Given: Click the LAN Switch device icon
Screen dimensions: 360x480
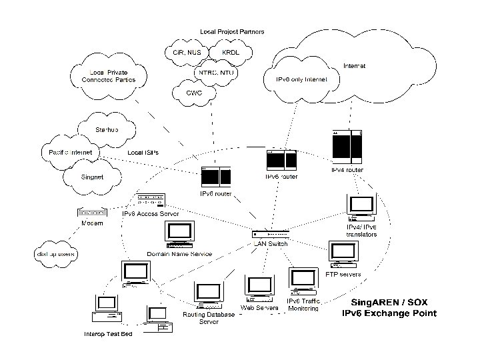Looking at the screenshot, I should pyautogui.click(x=271, y=234).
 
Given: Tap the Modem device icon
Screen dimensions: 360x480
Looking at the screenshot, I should pyautogui.click(x=92, y=213).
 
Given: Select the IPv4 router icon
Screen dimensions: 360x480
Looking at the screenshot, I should pyautogui.click(x=347, y=147).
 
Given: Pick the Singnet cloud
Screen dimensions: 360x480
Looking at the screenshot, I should pyautogui.click(x=93, y=177).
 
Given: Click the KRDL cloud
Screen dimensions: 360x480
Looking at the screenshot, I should pyautogui.click(x=230, y=52).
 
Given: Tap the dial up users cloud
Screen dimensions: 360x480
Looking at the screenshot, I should pyautogui.click(x=56, y=253).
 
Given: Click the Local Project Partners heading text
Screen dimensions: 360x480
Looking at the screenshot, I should pyautogui.click(x=232, y=31).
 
